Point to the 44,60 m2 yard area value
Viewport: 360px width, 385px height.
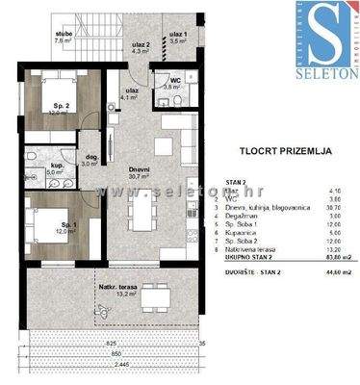point(331,272)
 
